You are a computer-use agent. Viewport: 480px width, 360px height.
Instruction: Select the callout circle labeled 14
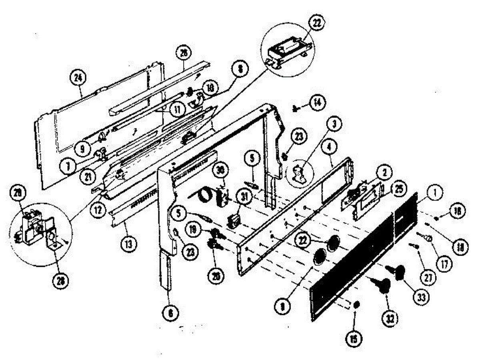pos(317,102)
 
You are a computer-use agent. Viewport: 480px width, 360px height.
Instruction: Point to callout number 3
pos(334,124)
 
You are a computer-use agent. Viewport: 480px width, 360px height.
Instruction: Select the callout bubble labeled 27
pos(428,279)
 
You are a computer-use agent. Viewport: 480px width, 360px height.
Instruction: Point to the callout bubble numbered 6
pos(170,313)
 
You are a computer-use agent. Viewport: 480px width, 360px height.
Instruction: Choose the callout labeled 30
pos(218,170)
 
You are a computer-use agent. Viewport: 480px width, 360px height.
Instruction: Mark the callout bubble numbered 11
pos(176,108)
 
